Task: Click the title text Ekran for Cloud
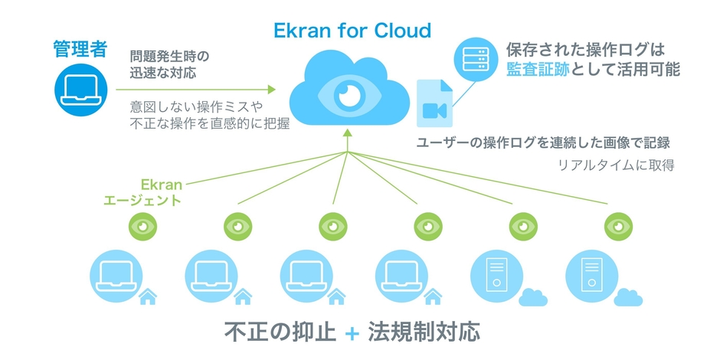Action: [352, 31]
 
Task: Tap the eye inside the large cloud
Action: [349, 95]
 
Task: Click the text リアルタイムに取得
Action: [615, 165]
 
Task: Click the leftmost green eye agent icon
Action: [142, 226]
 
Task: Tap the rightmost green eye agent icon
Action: [617, 226]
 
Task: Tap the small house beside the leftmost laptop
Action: [148, 296]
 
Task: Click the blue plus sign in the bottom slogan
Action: [352, 334]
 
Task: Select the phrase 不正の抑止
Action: [280, 333]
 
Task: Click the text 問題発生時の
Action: [170, 57]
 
